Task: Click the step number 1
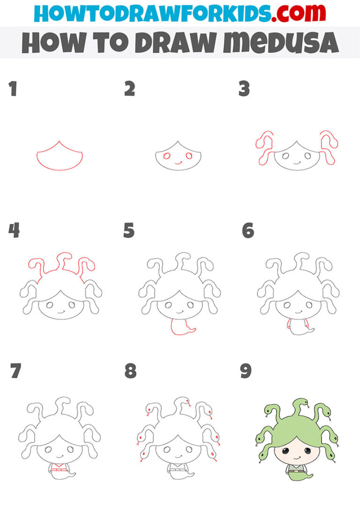13,89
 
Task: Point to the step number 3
244,89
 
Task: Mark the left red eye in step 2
167,156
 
